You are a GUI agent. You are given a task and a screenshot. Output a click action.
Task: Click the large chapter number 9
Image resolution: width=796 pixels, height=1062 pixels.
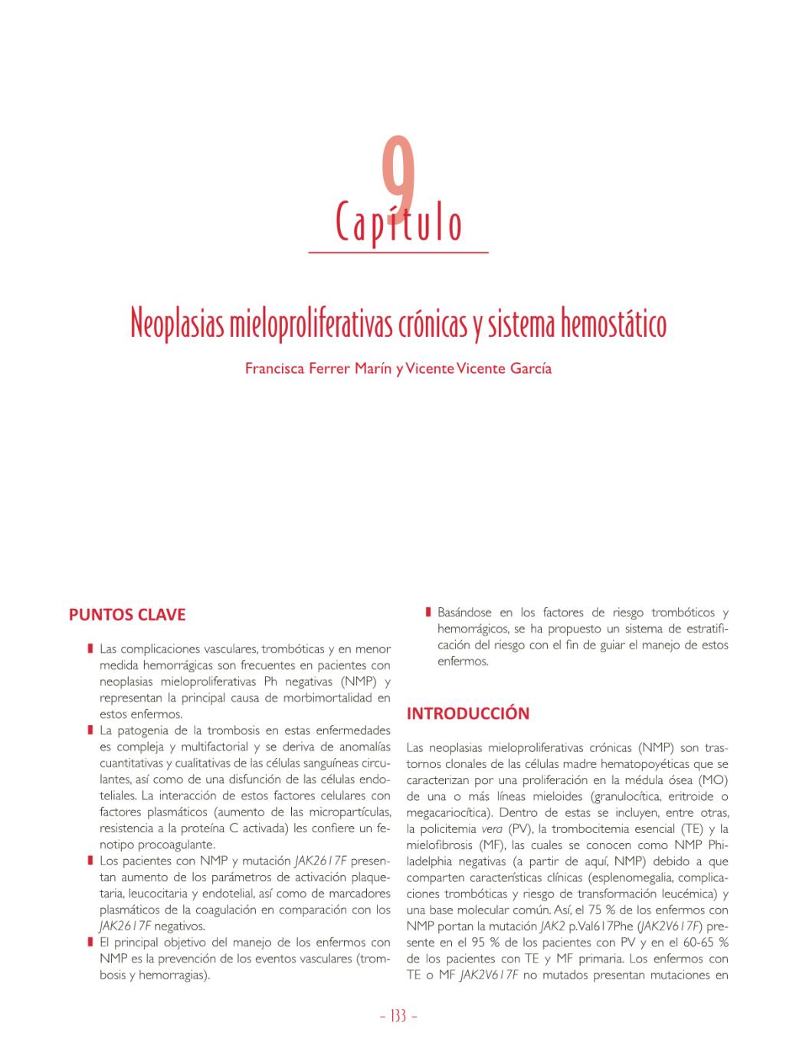point(398,175)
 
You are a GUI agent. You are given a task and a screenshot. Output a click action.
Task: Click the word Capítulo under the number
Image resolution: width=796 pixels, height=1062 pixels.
point(398,223)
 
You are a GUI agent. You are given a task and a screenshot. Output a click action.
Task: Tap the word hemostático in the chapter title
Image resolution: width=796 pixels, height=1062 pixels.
point(614,324)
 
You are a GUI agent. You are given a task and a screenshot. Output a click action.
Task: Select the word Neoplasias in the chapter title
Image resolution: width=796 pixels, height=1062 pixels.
point(178,324)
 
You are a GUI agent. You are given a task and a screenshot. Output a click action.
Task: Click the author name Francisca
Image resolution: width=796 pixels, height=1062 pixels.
point(274,368)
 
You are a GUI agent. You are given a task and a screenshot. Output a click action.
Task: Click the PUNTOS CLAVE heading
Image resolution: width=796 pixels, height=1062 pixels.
point(127,615)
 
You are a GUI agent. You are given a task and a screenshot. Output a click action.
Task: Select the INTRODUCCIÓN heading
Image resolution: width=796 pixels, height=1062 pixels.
point(467,714)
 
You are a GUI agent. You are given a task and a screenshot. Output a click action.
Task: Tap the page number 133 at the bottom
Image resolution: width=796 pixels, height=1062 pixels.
point(398,1016)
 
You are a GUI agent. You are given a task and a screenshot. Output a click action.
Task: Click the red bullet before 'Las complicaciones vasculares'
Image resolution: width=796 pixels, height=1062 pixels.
point(90,649)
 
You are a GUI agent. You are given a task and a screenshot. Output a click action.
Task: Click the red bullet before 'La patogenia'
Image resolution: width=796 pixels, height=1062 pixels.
point(90,730)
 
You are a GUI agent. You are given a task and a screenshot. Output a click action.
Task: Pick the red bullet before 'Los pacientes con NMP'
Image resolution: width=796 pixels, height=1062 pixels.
point(90,861)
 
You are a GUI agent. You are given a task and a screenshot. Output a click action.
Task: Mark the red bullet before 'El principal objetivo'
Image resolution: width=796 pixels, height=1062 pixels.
point(90,943)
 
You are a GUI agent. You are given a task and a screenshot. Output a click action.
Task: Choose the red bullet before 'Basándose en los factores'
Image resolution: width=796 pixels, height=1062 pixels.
point(428,613)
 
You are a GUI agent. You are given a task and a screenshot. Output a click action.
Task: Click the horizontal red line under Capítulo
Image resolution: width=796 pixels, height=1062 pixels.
point(398,251)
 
